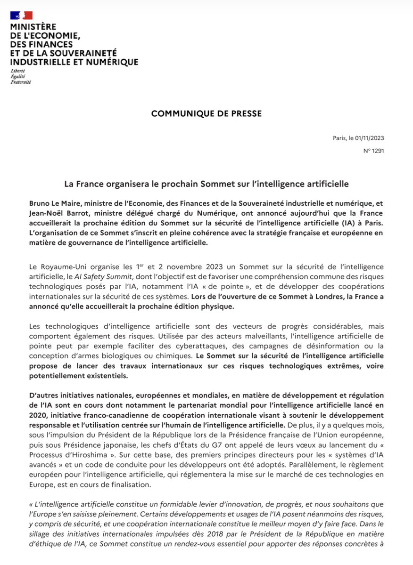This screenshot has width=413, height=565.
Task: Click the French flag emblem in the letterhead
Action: coord(21,16)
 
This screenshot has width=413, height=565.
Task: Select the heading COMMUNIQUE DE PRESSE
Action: coord(206,113)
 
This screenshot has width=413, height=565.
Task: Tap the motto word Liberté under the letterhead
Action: coord(17,71)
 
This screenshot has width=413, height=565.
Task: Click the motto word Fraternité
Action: coord(21,82)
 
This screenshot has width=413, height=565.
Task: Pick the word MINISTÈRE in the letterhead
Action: coord(33,27)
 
